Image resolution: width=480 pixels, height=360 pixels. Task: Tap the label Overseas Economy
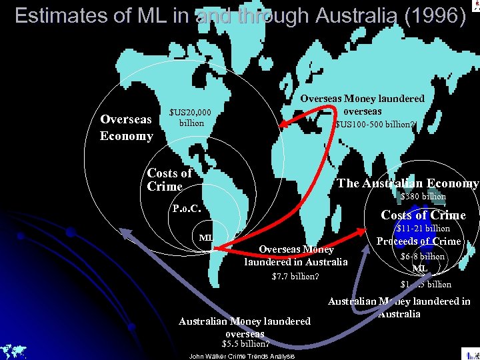tap(126, 127)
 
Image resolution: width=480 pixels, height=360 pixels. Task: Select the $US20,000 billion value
tap(191, 117)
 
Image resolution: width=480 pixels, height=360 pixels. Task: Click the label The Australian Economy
tap(408, 183)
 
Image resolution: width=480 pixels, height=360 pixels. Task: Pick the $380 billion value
tap(423, 196)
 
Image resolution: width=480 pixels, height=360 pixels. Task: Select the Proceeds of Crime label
tap(419, 241)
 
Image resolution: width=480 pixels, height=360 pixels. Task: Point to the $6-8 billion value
tap(422, 257)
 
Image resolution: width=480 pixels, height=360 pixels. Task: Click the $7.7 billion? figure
tap(295, 277)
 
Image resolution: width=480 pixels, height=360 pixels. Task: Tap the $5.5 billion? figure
tap(245, 344)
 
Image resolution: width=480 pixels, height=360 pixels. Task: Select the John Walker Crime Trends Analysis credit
tap(241, 356)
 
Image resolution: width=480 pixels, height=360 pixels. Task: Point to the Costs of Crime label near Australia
tap(423, 215)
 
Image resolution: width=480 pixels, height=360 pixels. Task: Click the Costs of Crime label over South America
tap(169, 180)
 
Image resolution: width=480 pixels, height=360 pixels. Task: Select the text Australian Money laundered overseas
tap(245, 327)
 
